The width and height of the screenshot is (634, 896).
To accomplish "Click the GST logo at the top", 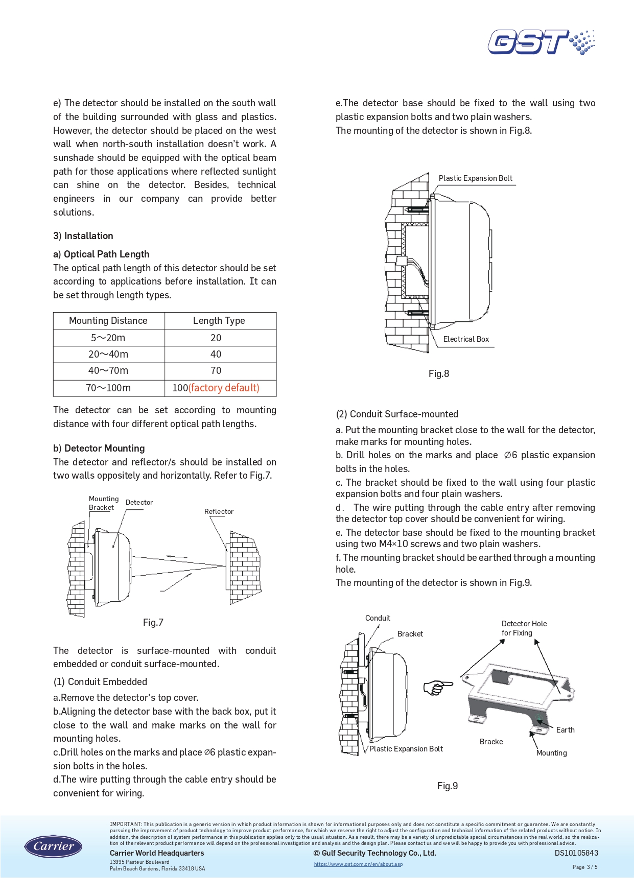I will [541, 42].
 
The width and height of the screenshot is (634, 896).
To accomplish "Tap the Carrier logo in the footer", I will [53, 846].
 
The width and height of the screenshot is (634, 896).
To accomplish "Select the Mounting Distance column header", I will [108, 321].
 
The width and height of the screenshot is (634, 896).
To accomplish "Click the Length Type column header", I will [219, 321].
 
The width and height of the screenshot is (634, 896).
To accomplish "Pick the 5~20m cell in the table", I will [108, 338].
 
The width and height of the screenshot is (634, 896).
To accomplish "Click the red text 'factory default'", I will [224, 388].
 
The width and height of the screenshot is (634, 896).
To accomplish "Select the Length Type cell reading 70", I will [216, 371].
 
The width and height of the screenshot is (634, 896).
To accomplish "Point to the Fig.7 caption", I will [153, 622].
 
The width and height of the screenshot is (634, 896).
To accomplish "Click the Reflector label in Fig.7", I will [219, 511].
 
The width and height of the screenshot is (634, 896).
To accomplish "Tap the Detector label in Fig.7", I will [139, 502].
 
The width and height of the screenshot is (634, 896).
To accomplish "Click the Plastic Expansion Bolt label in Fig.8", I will [475, 178].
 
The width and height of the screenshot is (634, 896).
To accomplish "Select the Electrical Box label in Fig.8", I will [466, 339].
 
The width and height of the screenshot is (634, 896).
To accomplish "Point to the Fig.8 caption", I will [439, 373].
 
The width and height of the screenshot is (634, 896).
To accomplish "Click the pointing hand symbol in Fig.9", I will [438, 687].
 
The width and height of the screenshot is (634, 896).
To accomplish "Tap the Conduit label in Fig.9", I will [378, 618].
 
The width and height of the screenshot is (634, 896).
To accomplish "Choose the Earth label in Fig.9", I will [565, 730].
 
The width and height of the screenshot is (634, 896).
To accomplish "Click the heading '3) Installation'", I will [83, 235].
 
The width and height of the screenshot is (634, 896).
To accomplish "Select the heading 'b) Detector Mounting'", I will [99, 448].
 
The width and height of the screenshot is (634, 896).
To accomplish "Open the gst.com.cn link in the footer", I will [358, 864].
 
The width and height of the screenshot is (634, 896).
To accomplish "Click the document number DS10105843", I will [576, 853].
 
